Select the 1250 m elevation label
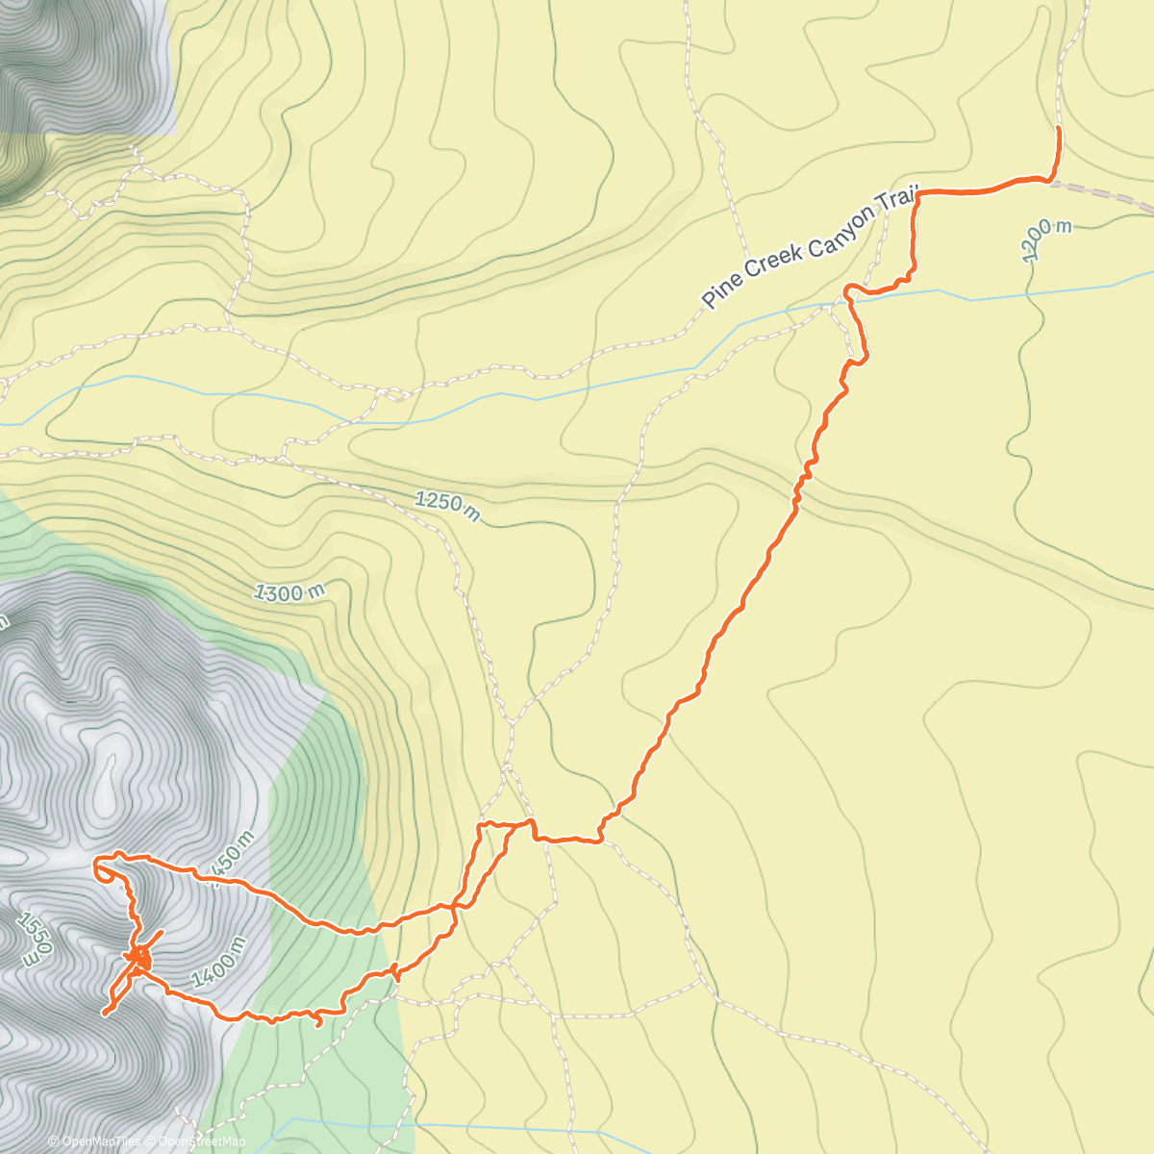[447, 506]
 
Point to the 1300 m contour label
[289, 592]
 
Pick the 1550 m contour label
[29, 939]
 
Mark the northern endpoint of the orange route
[1058, 128]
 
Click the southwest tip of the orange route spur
[104, 1014]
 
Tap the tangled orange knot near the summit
[139, 957]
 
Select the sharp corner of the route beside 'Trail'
[918, 194]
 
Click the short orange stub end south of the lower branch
[318, 1025]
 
